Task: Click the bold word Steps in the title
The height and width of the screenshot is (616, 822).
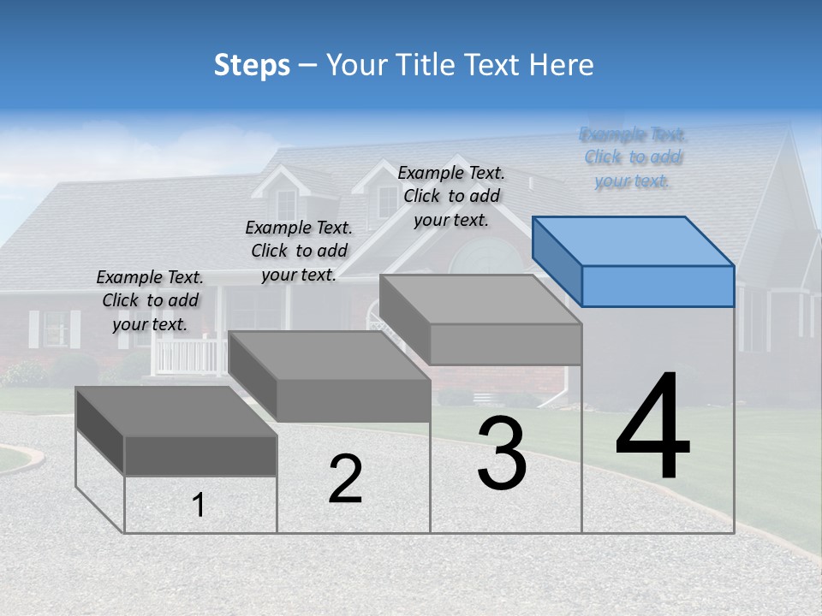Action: tap(252, 65)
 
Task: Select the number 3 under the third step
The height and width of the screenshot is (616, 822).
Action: tap(502, 453)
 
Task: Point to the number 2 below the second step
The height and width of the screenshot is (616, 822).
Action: tap(346, 479)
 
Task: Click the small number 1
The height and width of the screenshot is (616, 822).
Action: tap(199, 506)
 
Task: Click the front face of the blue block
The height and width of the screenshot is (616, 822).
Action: tap(658, 286)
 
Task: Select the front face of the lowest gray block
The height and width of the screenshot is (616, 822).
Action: tap(200, 455)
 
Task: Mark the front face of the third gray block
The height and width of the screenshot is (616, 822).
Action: tap(505, 344)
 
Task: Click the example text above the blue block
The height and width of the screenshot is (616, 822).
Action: tap(633, 157)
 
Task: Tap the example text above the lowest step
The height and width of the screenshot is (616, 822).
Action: tap(150, 300)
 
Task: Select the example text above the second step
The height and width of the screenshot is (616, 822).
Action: tap(299, 251)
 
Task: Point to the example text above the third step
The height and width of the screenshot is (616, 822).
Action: tap(451, 196)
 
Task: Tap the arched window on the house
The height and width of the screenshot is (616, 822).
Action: tap(484, 257)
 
